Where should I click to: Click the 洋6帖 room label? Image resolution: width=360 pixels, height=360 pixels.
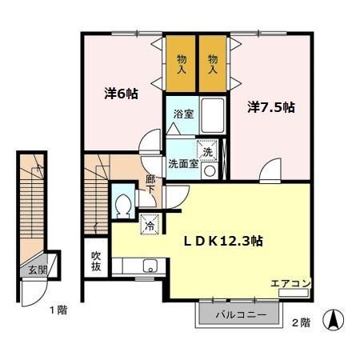121,94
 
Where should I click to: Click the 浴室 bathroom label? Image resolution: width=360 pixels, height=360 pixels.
183,114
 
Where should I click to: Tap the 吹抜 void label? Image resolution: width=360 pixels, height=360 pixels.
96,262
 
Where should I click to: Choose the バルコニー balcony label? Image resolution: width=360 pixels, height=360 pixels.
240,314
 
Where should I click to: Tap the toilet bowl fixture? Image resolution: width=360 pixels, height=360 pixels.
124,206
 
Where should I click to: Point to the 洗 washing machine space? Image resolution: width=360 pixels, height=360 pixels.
208,152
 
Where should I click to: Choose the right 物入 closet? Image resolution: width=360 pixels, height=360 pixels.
213,64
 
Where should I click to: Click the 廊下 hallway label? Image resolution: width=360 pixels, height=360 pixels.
150,186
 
